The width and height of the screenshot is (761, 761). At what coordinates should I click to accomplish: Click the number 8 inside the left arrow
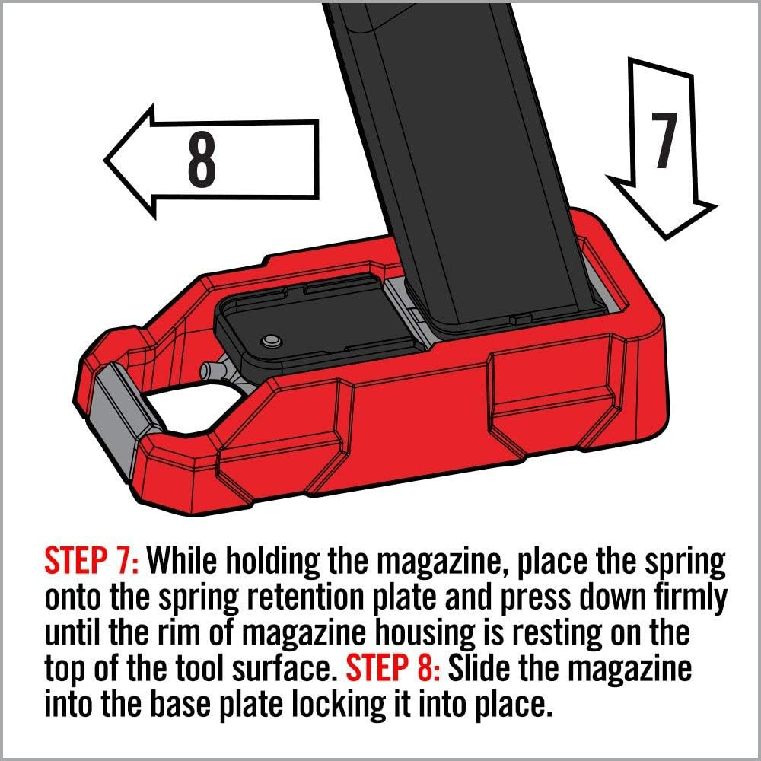point(202,161)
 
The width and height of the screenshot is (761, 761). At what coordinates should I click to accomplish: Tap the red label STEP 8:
point(394,670)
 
